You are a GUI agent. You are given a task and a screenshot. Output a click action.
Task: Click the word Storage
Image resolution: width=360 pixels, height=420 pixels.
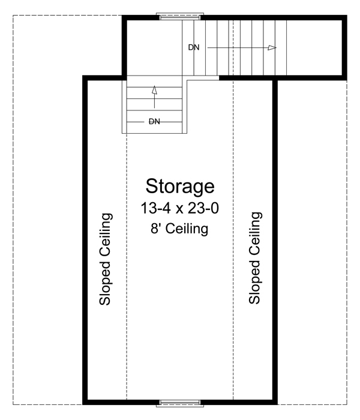180,186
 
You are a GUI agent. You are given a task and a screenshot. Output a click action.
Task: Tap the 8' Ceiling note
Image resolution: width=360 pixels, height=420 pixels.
180,229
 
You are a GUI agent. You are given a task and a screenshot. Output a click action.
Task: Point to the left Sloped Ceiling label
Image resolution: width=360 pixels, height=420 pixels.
106,259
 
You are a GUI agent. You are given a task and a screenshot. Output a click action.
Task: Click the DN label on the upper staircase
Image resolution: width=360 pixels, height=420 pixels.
193,47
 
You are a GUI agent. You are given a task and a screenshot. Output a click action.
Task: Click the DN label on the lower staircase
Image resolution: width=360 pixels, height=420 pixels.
154,121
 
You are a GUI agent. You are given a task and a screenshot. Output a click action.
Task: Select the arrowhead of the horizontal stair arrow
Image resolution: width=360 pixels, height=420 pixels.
272,47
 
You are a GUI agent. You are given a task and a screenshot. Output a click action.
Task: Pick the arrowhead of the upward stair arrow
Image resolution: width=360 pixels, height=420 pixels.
154,90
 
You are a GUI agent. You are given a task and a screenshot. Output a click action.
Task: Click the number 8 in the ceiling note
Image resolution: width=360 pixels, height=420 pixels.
155,229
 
